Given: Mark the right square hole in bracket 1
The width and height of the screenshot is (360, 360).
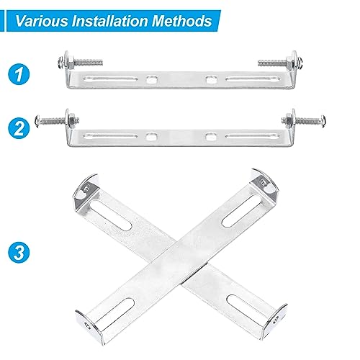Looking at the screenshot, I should tap(210, 79).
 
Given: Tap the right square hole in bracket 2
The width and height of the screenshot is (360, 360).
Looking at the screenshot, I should tap(210, 135).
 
